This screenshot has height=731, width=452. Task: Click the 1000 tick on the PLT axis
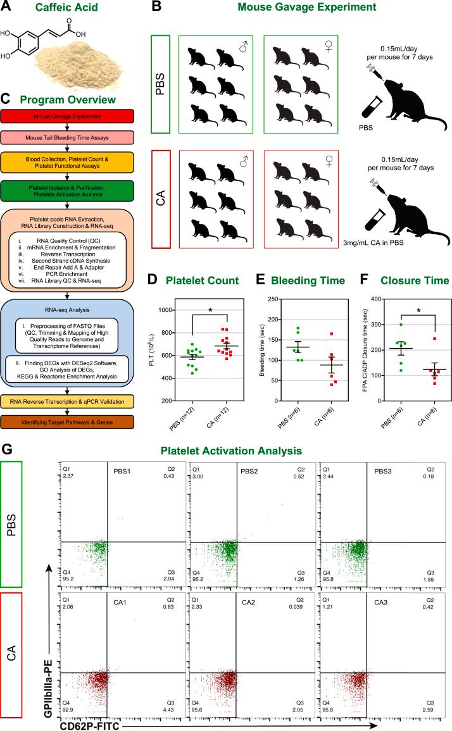click(161, 310)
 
